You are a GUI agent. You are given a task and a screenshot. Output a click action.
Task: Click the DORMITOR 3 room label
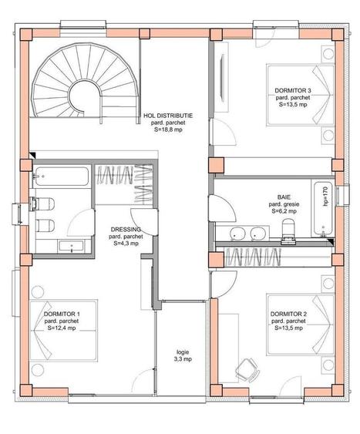point(293,90)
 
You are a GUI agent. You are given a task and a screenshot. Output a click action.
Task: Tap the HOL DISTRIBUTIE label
point(168,116)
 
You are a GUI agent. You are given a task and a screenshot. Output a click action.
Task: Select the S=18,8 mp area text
point(168,130)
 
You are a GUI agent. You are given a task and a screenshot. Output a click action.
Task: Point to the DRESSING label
point(126,230)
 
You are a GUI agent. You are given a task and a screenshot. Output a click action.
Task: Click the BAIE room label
point(284,197)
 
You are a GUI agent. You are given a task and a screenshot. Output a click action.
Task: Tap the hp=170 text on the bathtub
point(325,197)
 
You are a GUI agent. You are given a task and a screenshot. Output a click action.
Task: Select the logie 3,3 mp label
point(183,355)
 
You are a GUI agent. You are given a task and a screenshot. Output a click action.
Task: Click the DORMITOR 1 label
point(62,314)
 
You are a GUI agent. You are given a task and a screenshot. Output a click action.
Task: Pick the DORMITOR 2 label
point(288,314)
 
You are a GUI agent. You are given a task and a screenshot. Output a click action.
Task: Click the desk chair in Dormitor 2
point(247,370)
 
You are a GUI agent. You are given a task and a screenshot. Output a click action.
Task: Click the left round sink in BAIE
point(237,233)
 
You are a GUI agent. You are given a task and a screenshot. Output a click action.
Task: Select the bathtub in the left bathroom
point(62,177)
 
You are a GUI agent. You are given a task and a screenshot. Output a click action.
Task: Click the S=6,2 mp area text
point(284,211)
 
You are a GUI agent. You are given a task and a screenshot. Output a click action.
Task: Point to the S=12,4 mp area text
point(62,328)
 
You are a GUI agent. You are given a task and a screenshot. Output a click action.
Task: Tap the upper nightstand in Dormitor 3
point(328,54)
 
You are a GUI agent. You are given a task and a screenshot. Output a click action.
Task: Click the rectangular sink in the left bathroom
point(72,246)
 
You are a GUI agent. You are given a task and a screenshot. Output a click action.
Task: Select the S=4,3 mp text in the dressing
point(126,244)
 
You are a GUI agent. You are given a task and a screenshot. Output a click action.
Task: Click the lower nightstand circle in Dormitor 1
point(37,370)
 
